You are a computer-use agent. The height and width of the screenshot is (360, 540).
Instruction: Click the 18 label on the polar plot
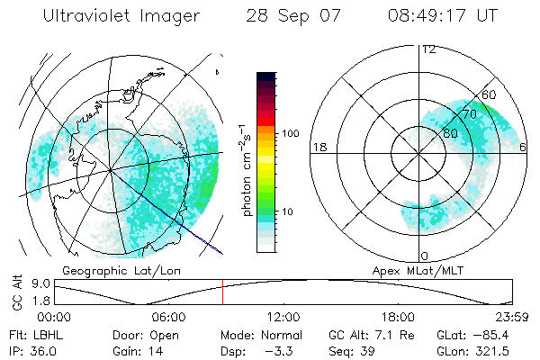[318, 147]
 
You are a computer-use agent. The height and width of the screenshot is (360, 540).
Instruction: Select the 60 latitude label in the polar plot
[490, 94]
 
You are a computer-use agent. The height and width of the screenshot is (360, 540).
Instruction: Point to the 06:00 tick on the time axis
[168, 317]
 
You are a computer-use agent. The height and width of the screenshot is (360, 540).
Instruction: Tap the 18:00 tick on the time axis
[398, 317]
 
